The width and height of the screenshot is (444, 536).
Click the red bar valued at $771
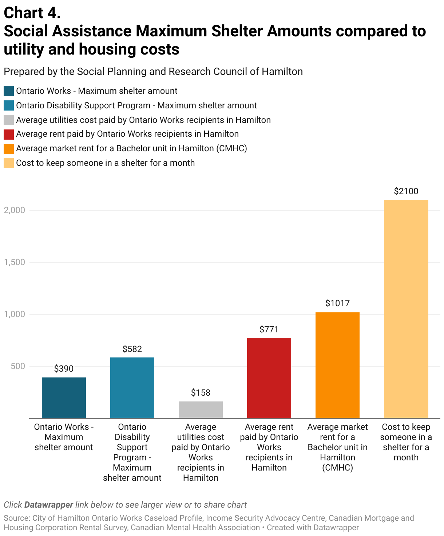pos(269,378)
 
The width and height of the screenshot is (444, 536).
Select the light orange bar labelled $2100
pos(406,309)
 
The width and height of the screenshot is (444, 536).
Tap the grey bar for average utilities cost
pos(201,409)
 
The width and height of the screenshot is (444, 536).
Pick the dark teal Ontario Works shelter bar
pos(64,397)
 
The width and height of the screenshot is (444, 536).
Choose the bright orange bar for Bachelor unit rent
pos(337,365)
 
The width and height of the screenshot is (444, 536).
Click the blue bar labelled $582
pos(132,388)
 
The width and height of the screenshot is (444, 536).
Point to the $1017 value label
pos(337,303)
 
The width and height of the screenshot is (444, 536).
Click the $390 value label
pos(64,369)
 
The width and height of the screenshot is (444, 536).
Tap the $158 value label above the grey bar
pos(201,393)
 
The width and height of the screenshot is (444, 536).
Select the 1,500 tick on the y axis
pos(15,262)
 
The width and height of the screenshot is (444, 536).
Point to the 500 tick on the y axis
pos(18,366)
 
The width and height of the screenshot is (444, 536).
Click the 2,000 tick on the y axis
pos(15,210)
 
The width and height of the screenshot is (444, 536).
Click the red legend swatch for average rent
pos(9,134)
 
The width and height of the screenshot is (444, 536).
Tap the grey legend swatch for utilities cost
pos(9,120)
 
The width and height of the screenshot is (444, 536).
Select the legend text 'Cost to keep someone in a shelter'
pos(105,163)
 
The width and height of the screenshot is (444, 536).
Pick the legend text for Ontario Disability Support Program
pos(136,105)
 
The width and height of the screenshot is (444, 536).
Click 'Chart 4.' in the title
pos(32,13)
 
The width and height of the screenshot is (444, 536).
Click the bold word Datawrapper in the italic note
pos(49,505)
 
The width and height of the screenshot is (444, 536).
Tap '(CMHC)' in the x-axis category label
pos(337,468)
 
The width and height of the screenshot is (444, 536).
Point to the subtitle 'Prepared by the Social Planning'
pos(153,72)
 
